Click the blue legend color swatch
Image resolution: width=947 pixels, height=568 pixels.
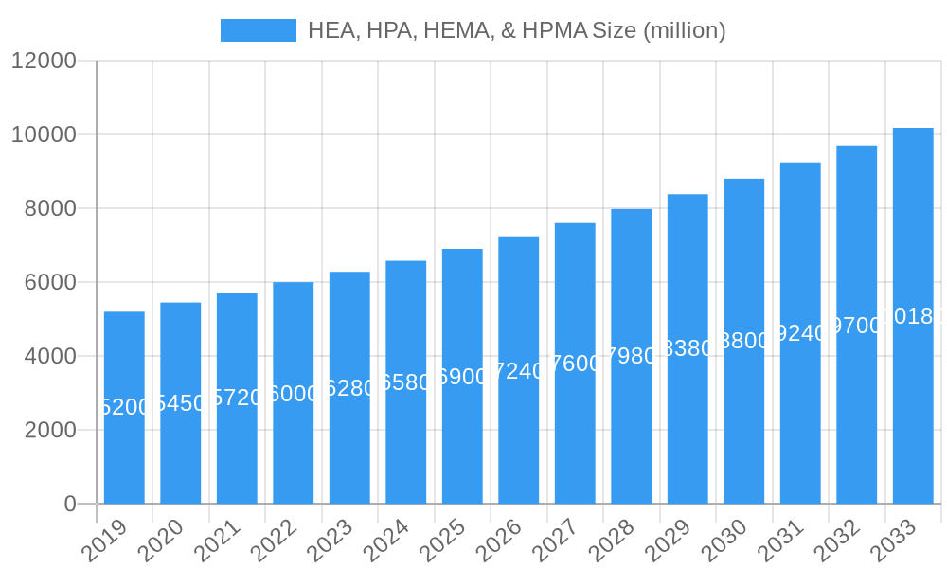coord(258,30)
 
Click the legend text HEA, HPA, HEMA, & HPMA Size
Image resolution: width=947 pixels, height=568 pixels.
coord(517,30)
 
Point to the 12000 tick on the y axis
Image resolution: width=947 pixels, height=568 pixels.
coord(44,61)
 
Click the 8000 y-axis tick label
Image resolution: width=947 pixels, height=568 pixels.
coord(49,208)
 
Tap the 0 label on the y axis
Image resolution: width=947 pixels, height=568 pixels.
coord(70,504)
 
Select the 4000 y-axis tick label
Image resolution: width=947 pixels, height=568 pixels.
coord(49,356)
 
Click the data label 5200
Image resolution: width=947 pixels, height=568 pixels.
coord(124,407)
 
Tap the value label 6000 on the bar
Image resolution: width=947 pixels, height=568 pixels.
coord(294,394)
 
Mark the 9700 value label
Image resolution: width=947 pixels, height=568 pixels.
coord(856,326)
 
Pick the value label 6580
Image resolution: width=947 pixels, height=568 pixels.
coord(406,382)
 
